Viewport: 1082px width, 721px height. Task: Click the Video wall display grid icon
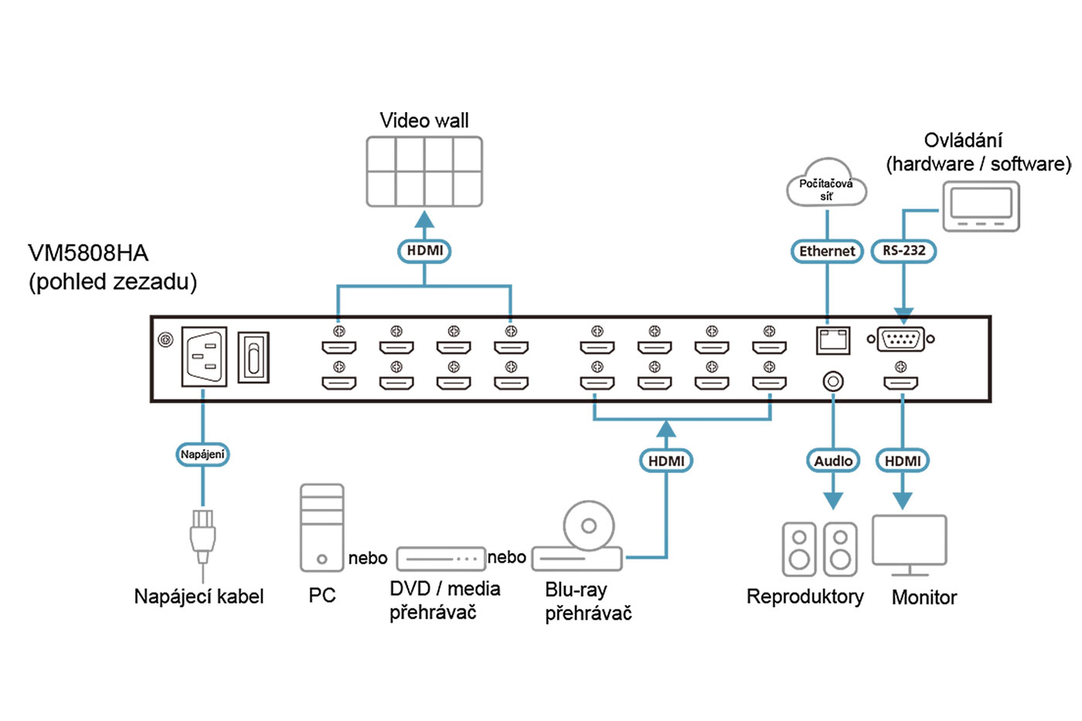pyautogui.click(x=424, y=172)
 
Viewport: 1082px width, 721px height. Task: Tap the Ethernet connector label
pyautogui.click(x=827, y=251)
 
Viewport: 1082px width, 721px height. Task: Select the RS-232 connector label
pyautogui.click(x=903, y=251)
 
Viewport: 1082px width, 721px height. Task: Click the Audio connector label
pyautogui.click(x=833, y=461)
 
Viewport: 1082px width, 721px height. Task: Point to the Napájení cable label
pyautogui.click(x=202, y=454)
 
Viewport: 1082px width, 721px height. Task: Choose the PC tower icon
pyautogui.click(x=322, y=528)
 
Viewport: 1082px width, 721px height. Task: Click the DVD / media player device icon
pyautogui.click(x=441, y=558)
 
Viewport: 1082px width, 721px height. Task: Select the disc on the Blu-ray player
pyautogui.click(x=588, y=525)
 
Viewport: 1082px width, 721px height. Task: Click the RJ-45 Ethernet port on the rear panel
pyautogui.click(x=832, y=340)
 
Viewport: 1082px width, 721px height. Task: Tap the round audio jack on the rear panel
pyautogui.click(x=832, y=381)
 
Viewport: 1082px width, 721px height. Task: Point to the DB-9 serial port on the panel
pyautogui.click(x=900, y=339)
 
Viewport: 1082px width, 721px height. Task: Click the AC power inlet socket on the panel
pyautogui.click(x=204, y=356)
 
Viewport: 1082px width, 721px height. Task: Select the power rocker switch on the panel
pyautogui.click(x=253, y=357)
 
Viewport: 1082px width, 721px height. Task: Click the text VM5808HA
pyautogui.click(x=88, y=253)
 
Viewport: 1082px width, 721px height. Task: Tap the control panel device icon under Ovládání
pyautogui.click(x=981, y=206)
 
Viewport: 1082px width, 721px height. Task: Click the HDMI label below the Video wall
pyautogui.click(x=424, y=251)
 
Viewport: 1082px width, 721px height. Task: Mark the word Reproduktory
pyautogui.click(x=805, y=597)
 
